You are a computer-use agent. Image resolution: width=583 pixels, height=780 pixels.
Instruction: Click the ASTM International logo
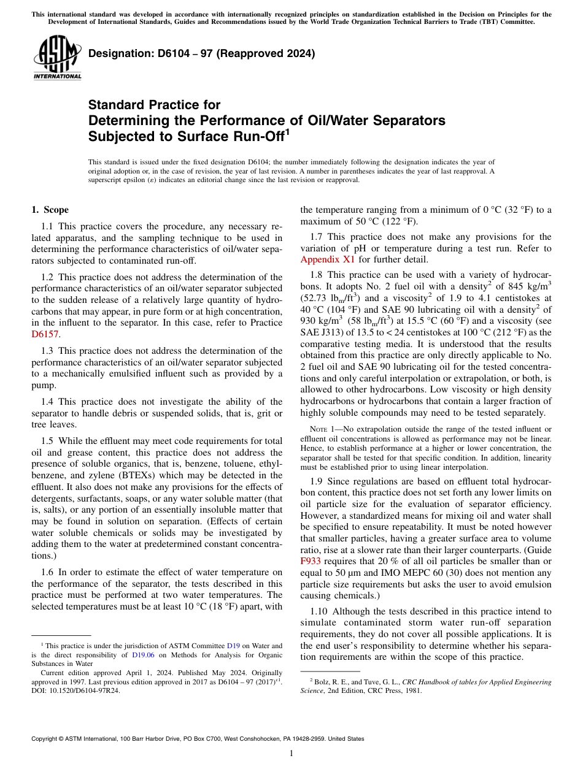tap(56, 58)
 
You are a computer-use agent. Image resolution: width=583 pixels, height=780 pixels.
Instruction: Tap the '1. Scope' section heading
tap(50, 210)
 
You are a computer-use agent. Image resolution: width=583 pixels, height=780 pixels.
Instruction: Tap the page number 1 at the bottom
tap(291, 753)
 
